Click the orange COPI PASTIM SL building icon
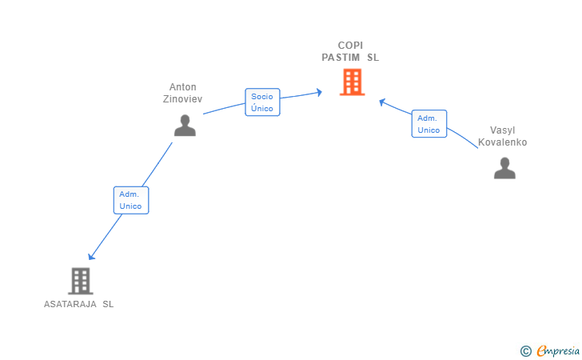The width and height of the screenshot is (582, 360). pyautogui.click(x=353, y=82)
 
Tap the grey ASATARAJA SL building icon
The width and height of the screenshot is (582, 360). pyautogui.click(x=81, y=281)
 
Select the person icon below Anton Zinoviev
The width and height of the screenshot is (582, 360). pyautogui.click(x=185, y=126)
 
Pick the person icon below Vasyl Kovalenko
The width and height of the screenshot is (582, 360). pyautogui.click(x=504, y=168)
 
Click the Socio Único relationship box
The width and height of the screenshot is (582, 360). pyautogui.click(x=262, y=102)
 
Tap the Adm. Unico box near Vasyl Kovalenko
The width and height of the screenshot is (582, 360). pyautogui.click(x=429, y=124)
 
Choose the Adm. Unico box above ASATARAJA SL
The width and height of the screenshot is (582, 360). pyautogui.click(x=131, y=200)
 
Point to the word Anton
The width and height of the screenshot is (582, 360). pyautogui.click(x=182, y=87)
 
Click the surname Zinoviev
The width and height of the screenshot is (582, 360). pyautogui.click(x=182, y=99)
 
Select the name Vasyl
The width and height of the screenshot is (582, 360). pyautogui.click(x=503, y=130)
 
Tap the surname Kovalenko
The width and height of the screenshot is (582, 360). pyautogui.click(x=503, y=142)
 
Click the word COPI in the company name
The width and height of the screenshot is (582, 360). pyautogui.click(x=350, y=46)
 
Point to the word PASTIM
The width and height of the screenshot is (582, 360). pyautogui.click(x=341, y=58)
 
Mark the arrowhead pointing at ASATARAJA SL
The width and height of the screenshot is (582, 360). pyautogui.click(x=91, y=256)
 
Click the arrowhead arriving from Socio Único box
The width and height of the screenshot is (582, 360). pyautogui.click(x=319, y=92)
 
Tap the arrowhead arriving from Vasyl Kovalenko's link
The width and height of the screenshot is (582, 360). pyautogui.click(x=382, y=102)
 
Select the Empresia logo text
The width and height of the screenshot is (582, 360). pyautogui.click(x=558, y=350)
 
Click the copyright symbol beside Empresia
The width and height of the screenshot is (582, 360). pyautogui.click(x=526, y=351)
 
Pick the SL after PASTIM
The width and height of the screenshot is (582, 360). pyautogui.click(x=373, y=58)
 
